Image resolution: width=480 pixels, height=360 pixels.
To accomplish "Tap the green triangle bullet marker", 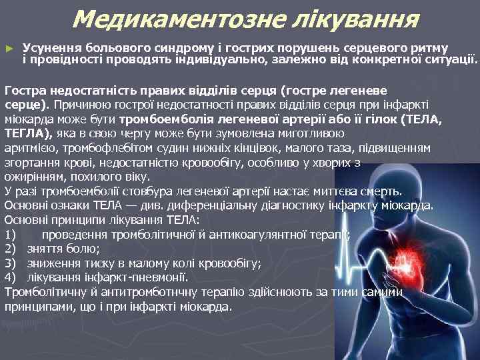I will (9, 49).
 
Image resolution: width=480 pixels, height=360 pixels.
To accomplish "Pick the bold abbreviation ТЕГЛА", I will (23, 133).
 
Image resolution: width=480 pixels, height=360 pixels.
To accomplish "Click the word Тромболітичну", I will (45, 291).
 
